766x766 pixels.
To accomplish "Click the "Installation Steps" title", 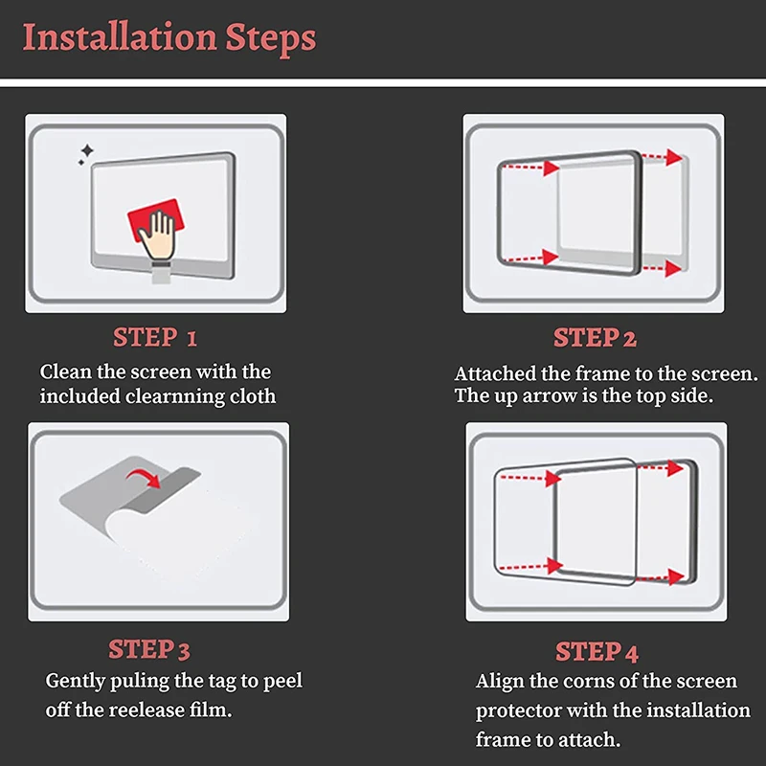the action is [x=169, y=37].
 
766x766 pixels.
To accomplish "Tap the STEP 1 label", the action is [x=155, y=337].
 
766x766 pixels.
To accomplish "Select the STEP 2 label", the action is [x=595, y=338].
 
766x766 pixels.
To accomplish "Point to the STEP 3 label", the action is [x=149, y=649].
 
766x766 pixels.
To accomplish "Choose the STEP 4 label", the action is [x=597, y=652].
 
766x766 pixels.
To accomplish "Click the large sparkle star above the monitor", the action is [x=87, y=150].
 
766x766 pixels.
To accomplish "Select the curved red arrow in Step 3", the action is [x=144, y=477].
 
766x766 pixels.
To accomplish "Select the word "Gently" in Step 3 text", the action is [x=76, y=681].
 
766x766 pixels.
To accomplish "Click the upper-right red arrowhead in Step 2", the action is [x=674, y=157].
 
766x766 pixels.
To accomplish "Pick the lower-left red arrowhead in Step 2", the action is [x=552, y=257].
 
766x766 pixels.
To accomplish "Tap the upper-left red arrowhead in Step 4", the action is [x=553, y=478].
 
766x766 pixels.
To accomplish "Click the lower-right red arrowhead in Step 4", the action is [x=676, y=577].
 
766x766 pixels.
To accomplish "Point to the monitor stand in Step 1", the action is [x=161, y=273].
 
